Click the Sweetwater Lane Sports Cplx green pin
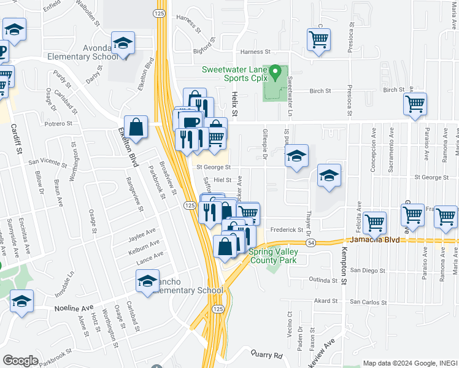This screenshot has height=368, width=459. pyautogui.click(x=276, y=73)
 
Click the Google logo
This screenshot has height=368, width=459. pyautogui.click(x=20, y=360)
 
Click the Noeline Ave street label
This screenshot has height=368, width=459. pyautogui.click(x=74, y=309)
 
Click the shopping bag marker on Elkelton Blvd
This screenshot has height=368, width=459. pyautogui.click(x=136, y=128)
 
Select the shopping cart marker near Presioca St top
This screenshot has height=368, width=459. pyautogui.click(x=319, y=40)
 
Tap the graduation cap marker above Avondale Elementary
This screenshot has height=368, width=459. pyautogui.click(x=123, y=44)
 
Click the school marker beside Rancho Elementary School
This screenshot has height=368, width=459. pyautogui.click(x=147, y=281)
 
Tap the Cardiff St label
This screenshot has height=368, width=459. pyautogui.click(x=15, y=138)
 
